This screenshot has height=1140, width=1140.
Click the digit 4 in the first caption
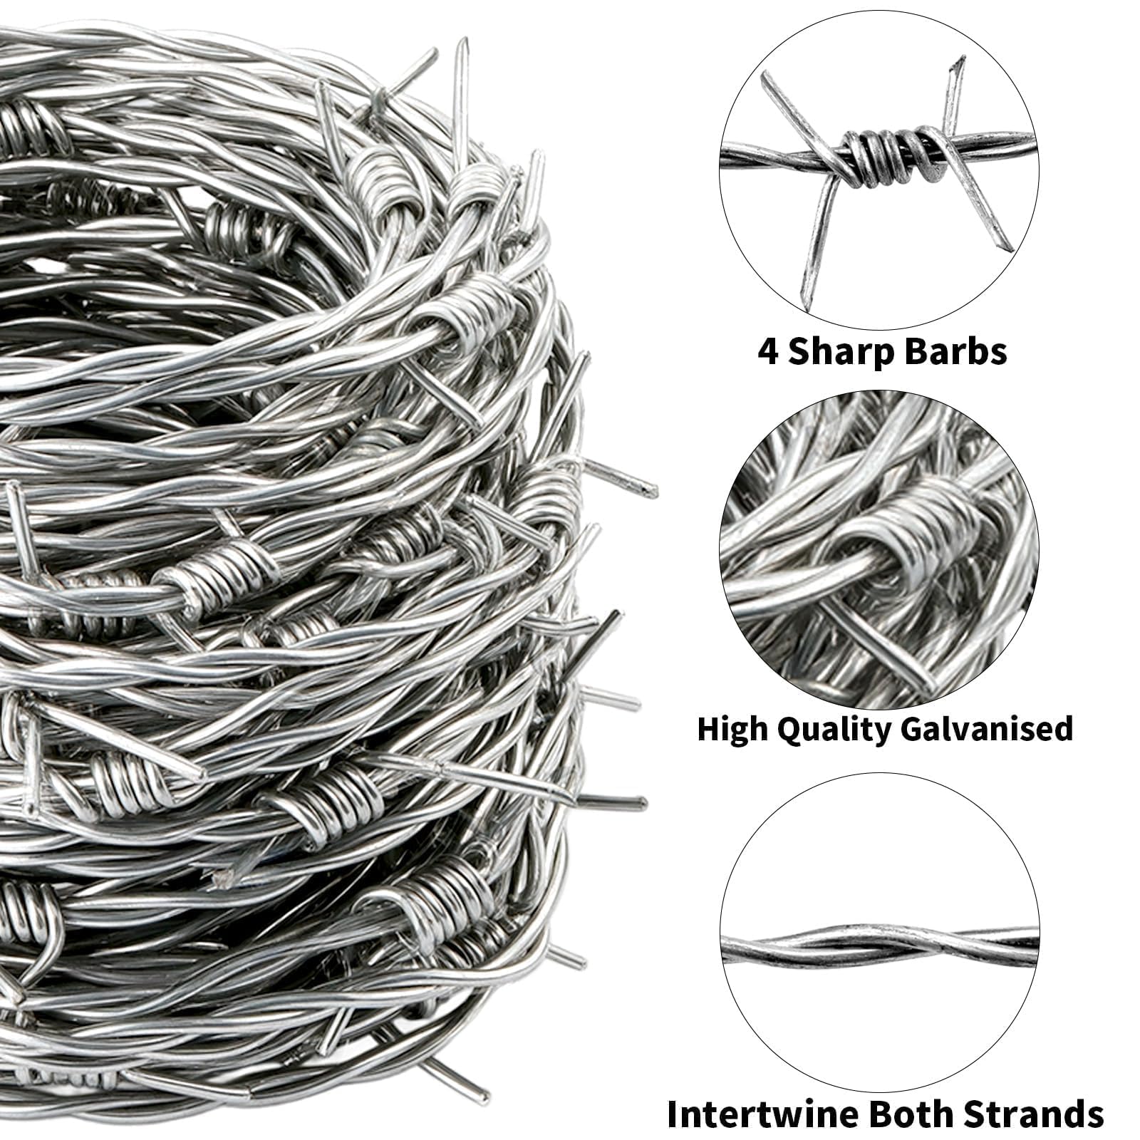(x=768, y=352)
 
